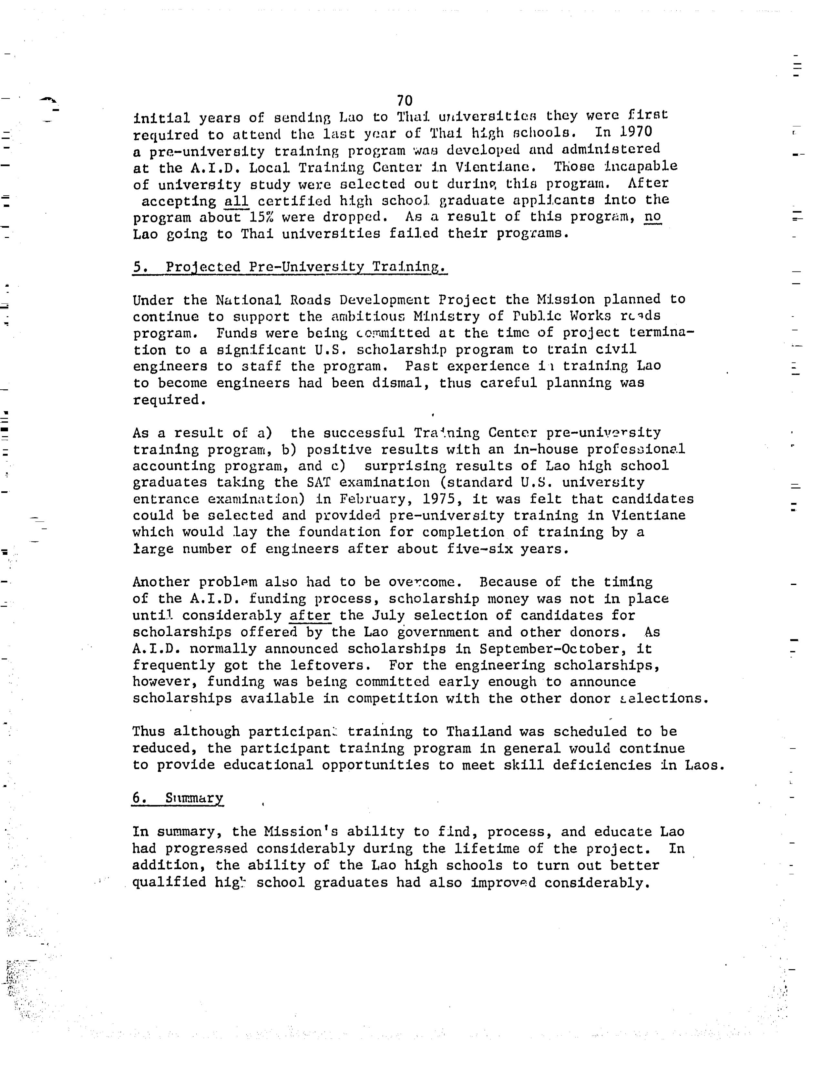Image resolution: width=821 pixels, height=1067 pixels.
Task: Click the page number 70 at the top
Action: (x=405, y=101)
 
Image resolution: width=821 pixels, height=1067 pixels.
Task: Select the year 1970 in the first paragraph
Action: (x=636, y=132)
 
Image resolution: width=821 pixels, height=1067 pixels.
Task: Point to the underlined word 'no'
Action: (x=653, y=216)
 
